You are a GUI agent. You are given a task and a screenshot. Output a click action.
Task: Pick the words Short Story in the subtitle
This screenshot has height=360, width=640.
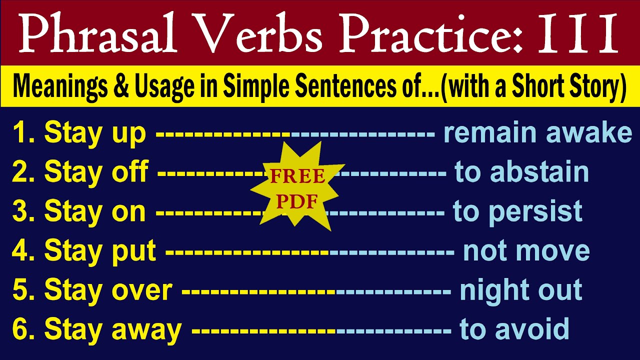click(569, 87)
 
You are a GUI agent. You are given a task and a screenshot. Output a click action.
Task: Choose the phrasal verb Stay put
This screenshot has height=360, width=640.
click(100, 251)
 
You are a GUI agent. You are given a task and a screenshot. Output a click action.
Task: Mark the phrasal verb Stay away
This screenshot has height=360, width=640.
click(112, 330)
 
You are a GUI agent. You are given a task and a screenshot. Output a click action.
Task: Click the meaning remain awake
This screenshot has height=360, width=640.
click(538, 133)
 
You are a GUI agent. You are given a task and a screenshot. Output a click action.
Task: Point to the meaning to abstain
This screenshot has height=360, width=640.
click(521, 172)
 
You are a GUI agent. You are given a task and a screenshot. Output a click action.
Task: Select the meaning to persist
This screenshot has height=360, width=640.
click(517, 212)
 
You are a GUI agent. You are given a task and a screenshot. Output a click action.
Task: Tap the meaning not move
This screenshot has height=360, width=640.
click(526, 251)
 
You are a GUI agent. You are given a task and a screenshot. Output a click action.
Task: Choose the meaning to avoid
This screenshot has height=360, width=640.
click(514, 330)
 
